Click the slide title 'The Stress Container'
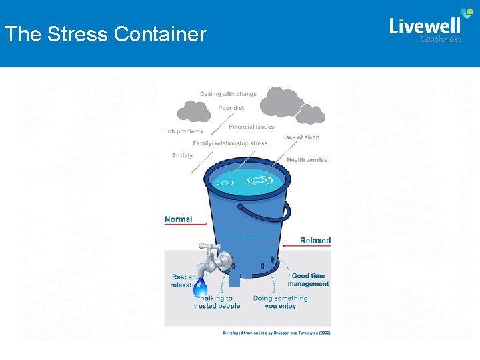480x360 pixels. point(105,34)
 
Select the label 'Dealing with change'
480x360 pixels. point(228,94)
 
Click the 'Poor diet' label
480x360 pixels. point(231,107)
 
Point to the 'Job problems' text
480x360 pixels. point(183,131)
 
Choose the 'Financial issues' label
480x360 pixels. point(251,127)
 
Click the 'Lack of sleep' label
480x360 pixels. point(301,137)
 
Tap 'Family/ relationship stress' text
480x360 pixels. point(230,143)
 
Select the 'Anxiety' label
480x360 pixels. point(182,156)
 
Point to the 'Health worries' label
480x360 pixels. point(307,160)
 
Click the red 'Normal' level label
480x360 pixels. point(178,219)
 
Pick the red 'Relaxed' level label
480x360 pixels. point(315,241)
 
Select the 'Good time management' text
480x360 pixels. point(309,279)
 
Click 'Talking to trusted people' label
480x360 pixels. point(217,302)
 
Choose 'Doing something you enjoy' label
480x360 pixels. point(280,302)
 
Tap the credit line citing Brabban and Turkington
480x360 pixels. point(276,332)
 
